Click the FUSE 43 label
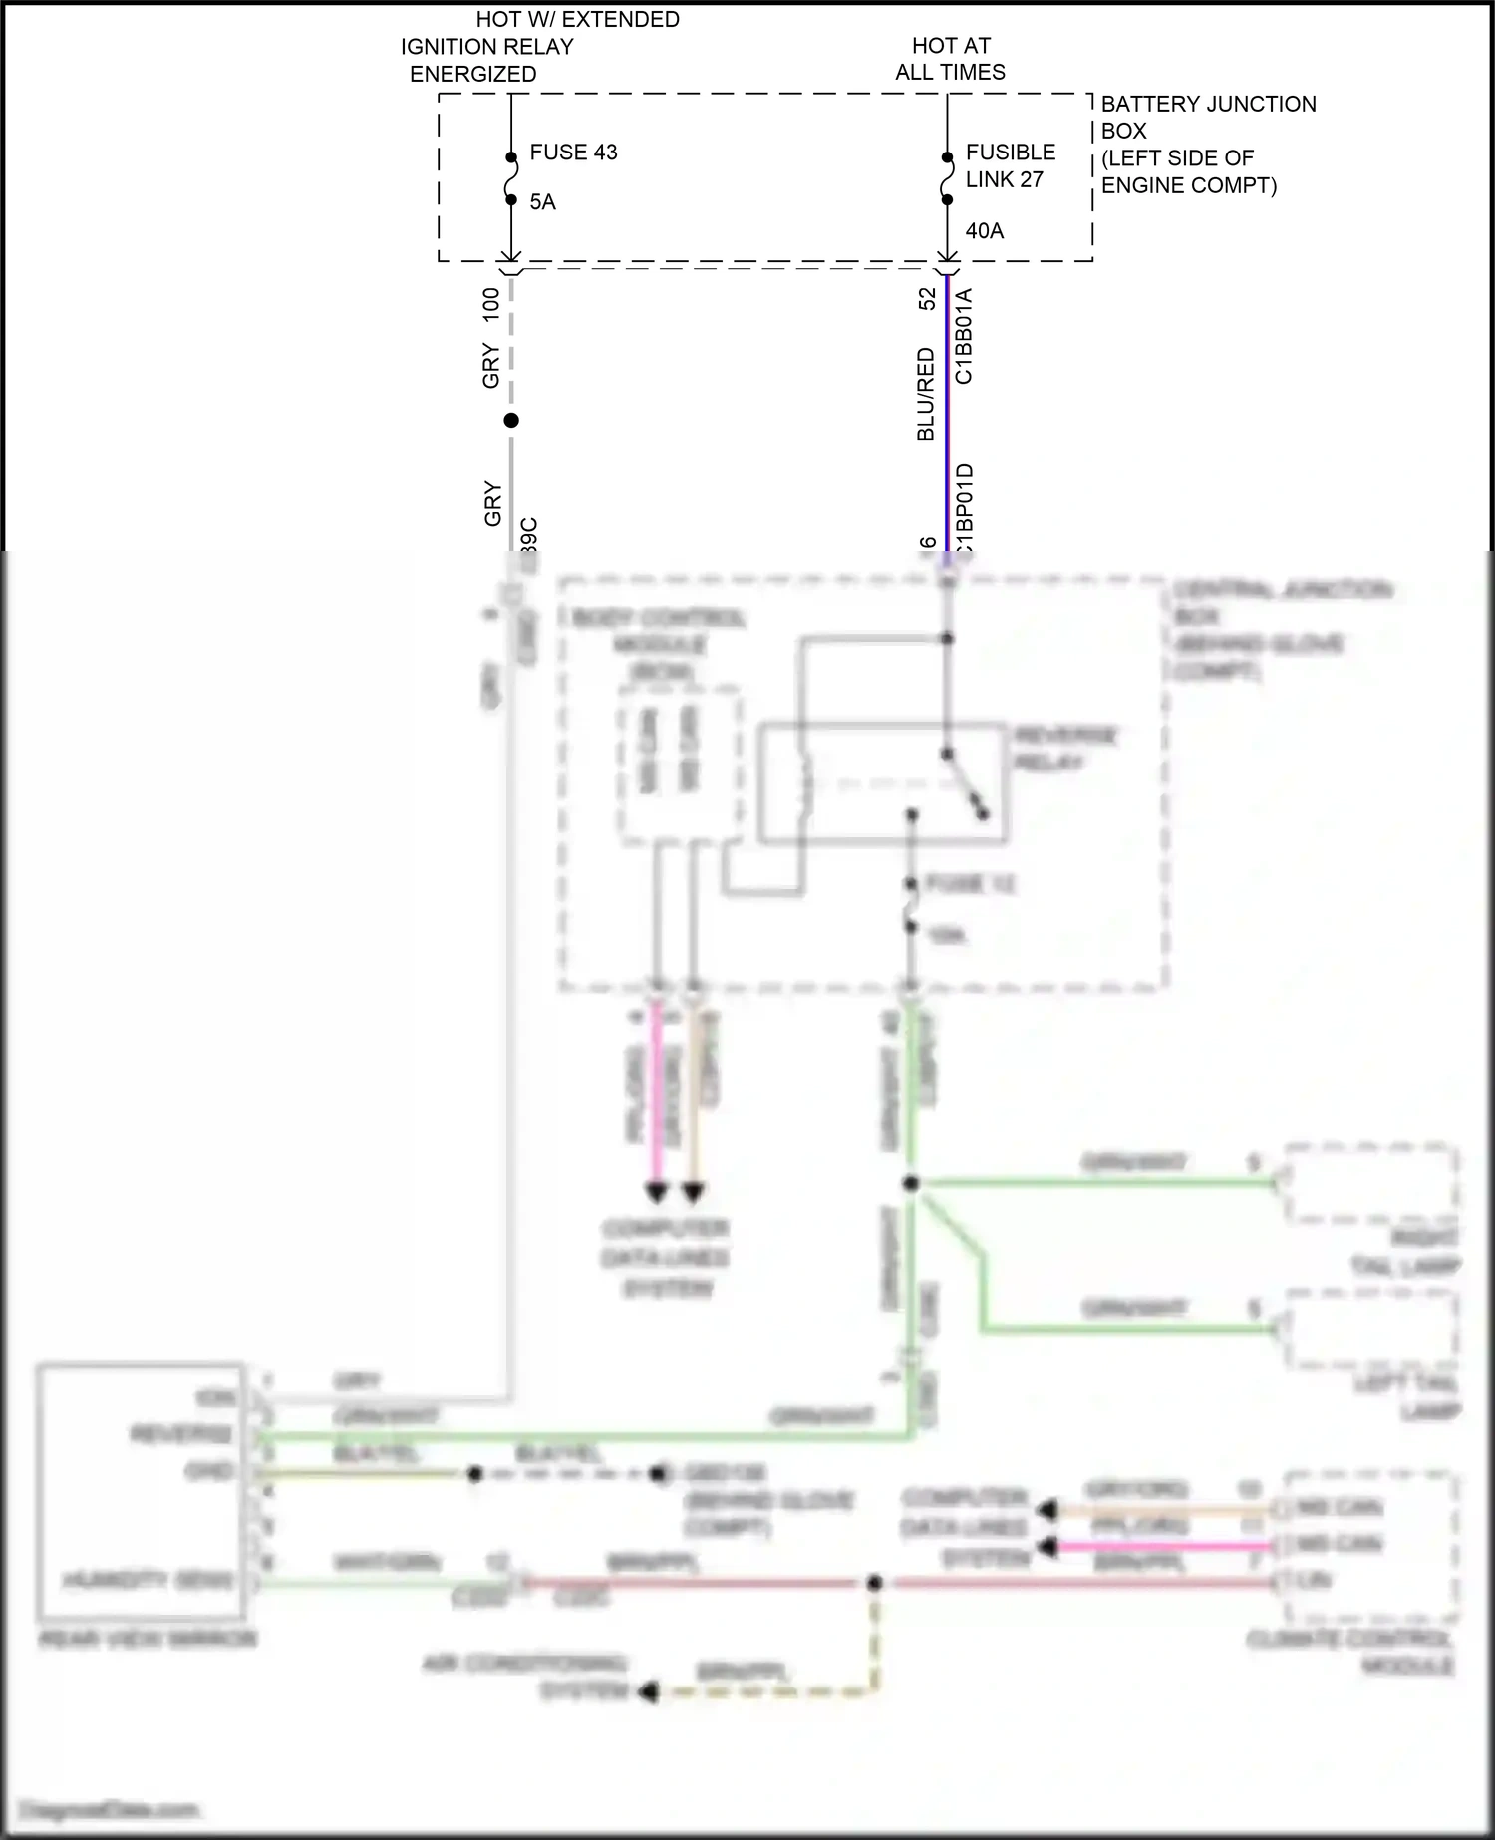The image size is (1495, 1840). [573, 153]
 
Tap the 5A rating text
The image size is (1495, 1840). [542, 202]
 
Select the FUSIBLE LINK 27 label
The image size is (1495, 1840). [1009, 165]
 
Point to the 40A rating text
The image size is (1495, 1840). [984, 231]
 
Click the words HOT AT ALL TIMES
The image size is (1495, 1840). [950, 59]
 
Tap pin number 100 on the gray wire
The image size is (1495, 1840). [490, 304]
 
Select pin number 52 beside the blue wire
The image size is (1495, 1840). [927, 298]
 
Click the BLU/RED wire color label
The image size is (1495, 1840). [926, 394]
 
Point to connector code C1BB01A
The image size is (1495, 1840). [964, 336]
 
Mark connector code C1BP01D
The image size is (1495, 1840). [964, 508]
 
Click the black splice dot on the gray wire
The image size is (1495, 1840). [511, 421]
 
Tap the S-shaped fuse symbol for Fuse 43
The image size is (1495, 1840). [511, 178]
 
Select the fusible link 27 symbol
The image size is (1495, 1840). [947, 178]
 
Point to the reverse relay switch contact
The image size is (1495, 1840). [965, 783]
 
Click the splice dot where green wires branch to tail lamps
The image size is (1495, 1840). [911, 1184]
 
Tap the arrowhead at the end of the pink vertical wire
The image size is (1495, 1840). [656, 1192]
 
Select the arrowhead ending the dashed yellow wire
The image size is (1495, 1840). [648, 1691]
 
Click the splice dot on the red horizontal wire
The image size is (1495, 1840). [874, 1582]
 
